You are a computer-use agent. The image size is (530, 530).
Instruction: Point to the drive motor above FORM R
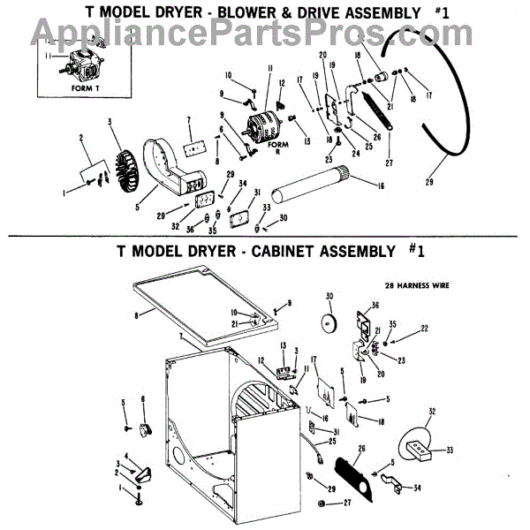[267, 117]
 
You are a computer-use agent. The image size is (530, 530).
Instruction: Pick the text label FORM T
[61, 88]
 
